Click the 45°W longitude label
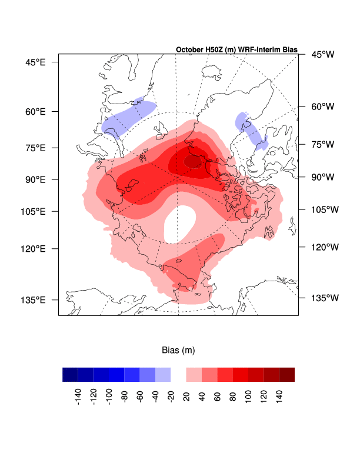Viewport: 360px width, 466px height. [x=322, y=55]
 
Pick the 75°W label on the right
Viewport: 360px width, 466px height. [x=322, y=144]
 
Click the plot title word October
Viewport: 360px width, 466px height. [x=189, y=49]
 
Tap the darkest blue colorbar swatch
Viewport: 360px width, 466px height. [x=70, y=375]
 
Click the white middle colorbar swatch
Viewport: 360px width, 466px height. [x=178, y=375]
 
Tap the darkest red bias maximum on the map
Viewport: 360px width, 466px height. [x=192, y=161]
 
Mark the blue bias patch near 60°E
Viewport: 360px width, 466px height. [x=128, y=117]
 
